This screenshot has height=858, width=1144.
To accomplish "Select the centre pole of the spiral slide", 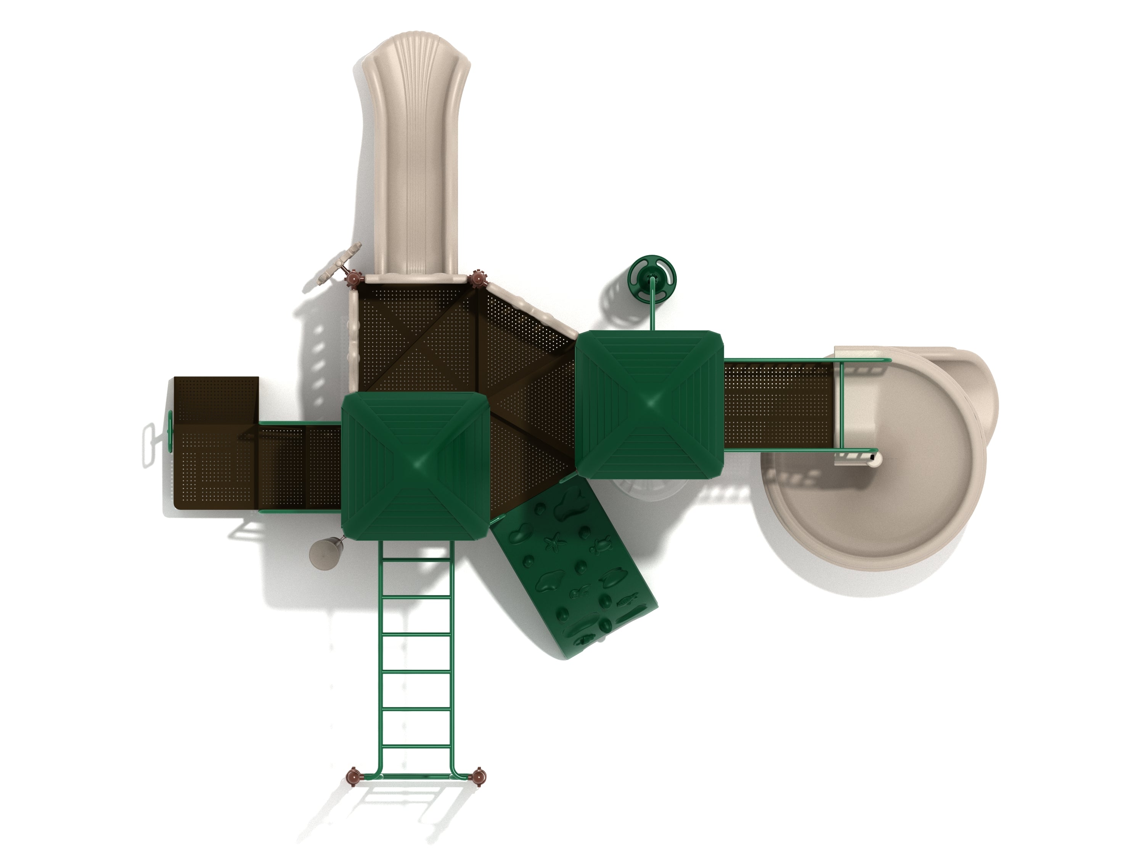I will [x=874, y=457].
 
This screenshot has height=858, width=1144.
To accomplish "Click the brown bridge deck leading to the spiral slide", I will [x=778, y=405].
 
